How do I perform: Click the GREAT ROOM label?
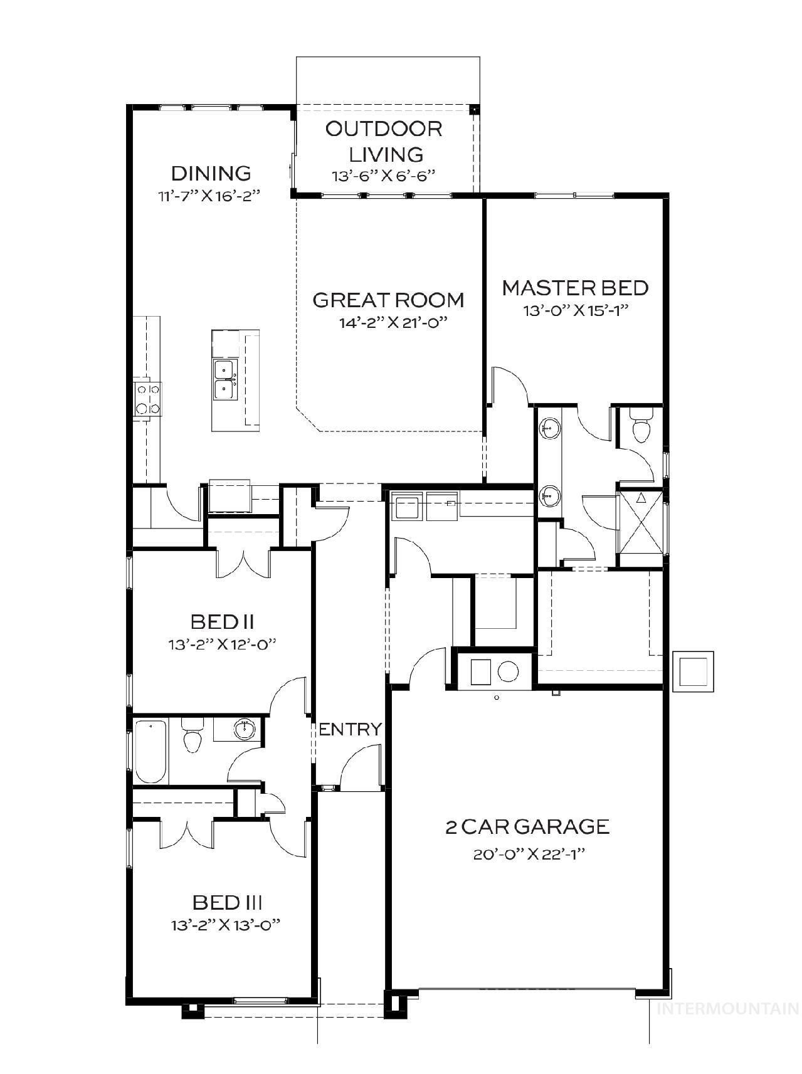pyautogui.click(x=388, y=300)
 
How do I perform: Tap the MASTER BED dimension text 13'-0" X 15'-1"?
pyautogui.click(x=576, y=310)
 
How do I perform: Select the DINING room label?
pyautogui.click(x=211, y=173)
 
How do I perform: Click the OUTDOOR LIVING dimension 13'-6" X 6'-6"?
pyautogui.click(x=383, y=176)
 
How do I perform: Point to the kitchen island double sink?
pyautogui.click(x=225, y=379)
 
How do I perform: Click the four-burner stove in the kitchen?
pyautogui.click(x=148, y=399)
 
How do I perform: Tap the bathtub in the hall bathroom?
pyautogui.click(x=150, y=752)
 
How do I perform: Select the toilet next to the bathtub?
pyautogui.click(x=192, y=737)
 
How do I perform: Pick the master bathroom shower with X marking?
pyautogui.click(x=641, y=521)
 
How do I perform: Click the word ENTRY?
pyautogui.click(x=350, y=729)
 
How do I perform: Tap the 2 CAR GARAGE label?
pyautogui.click(x=527, y=826)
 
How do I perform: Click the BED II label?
pyautogui.click(x=222, y=622)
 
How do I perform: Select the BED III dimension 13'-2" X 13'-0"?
pyautogui.click(x=224, y=925)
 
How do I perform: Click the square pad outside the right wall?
pyautogui.click(x=692, y=671)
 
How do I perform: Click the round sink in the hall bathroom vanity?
pyautogui.click(x=245, y=729)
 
